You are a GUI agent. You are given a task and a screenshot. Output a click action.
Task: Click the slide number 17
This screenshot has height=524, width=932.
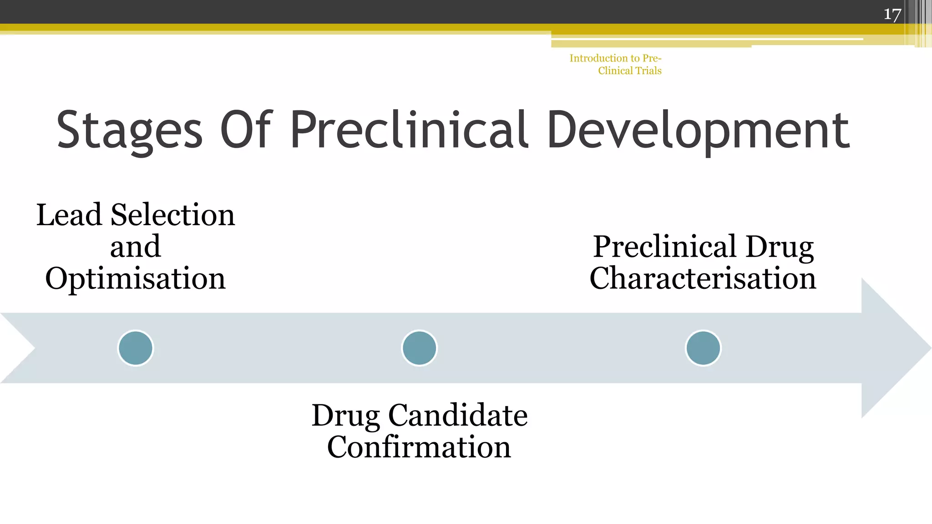[x=892, y=14]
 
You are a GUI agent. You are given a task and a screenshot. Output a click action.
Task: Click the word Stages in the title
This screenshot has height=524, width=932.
[x=129, y=131]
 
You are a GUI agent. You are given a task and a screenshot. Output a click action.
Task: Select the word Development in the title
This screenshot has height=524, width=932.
[x=699, y=131]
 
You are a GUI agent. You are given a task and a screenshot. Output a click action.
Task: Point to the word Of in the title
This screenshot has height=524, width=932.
[x=246, y=130]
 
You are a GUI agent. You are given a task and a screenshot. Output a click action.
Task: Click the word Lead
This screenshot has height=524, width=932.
[x=69, y=215]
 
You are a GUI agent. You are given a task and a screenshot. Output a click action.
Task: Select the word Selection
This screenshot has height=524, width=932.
[x=172, y=215]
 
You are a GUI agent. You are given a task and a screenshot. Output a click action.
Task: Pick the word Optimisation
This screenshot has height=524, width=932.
[x=135, y=278]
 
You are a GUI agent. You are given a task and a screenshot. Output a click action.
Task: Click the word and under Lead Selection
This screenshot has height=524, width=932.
[x=135, y=247]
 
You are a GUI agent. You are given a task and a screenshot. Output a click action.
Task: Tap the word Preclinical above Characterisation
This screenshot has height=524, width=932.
[x=665, y=247]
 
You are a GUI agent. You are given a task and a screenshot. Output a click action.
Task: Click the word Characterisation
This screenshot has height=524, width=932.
[x=703, y=278]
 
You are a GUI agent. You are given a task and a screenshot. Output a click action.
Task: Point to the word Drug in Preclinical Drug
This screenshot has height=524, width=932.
[x=780, y=247]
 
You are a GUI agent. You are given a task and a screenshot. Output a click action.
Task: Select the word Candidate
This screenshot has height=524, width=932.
[x=458, y=415]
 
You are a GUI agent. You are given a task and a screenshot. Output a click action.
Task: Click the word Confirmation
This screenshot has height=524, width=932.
[x=419, y=447]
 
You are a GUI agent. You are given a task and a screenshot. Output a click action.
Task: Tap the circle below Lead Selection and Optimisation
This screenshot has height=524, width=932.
[x=136, y=348]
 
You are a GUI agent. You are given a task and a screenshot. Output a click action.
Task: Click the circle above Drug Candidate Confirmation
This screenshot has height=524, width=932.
[x=419, y=348]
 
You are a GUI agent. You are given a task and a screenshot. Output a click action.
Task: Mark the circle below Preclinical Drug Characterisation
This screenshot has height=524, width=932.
[x=703, y=348]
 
